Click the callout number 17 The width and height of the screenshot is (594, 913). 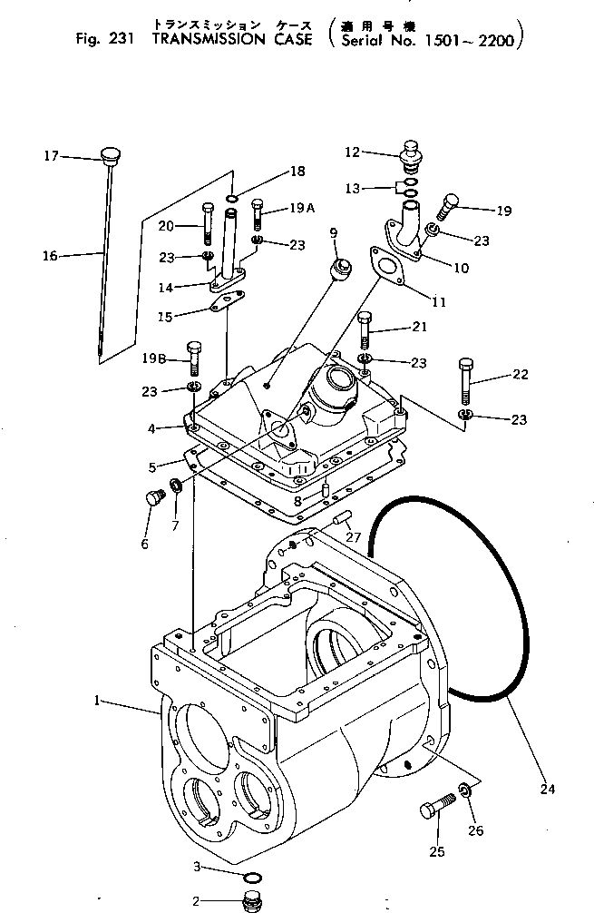[51, 156]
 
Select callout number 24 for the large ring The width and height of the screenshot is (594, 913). [546, 790]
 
